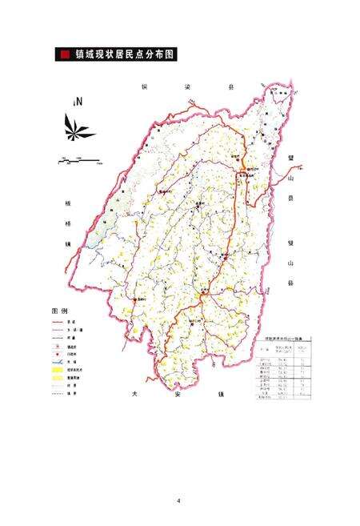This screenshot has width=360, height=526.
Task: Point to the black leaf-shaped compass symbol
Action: point(77,126)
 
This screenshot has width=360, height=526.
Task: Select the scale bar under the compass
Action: point(77,162)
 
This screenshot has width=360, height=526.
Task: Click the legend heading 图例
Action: point(60,309)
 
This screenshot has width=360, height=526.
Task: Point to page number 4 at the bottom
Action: point(179,501)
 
